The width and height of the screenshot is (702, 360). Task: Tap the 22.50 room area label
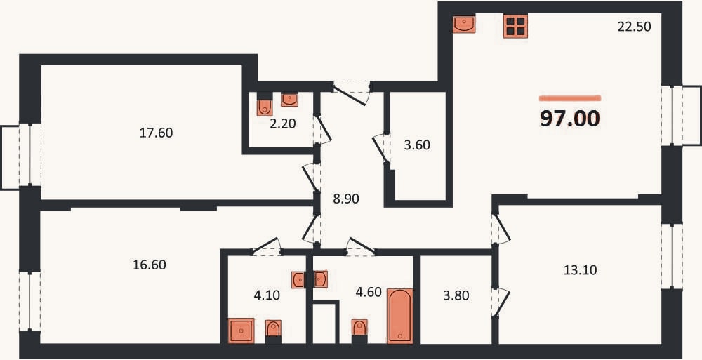[x=634, y=27]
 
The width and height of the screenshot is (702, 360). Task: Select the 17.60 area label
[x=156, y=133]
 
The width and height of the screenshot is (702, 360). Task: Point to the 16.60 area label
[x=150, y=265]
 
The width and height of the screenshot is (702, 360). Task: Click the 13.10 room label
[x=581, y=270]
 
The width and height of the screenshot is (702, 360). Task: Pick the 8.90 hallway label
[x=345, y=199]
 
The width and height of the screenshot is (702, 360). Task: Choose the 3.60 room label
[x=417, y=145]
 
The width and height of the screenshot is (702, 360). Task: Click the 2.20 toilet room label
[x=283, y=123]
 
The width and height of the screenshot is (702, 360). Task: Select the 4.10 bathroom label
[x=267, y=295]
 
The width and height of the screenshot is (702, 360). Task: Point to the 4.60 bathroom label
[x=369, y=293]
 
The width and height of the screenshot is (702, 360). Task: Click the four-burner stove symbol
[x=515, y=25]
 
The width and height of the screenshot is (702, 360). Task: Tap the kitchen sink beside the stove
[x=464, y=24]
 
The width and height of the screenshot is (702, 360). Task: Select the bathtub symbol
[x=400, y=316]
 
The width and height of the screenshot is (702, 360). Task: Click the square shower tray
[x=241, y=331]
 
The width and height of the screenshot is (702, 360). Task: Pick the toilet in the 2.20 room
[x=265, y=106]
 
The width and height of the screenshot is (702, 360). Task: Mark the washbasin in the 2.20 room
[x=290, y=100]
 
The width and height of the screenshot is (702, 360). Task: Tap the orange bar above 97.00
[x=570, y=98]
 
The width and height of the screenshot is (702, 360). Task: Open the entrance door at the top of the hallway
[x=351, y=93]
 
